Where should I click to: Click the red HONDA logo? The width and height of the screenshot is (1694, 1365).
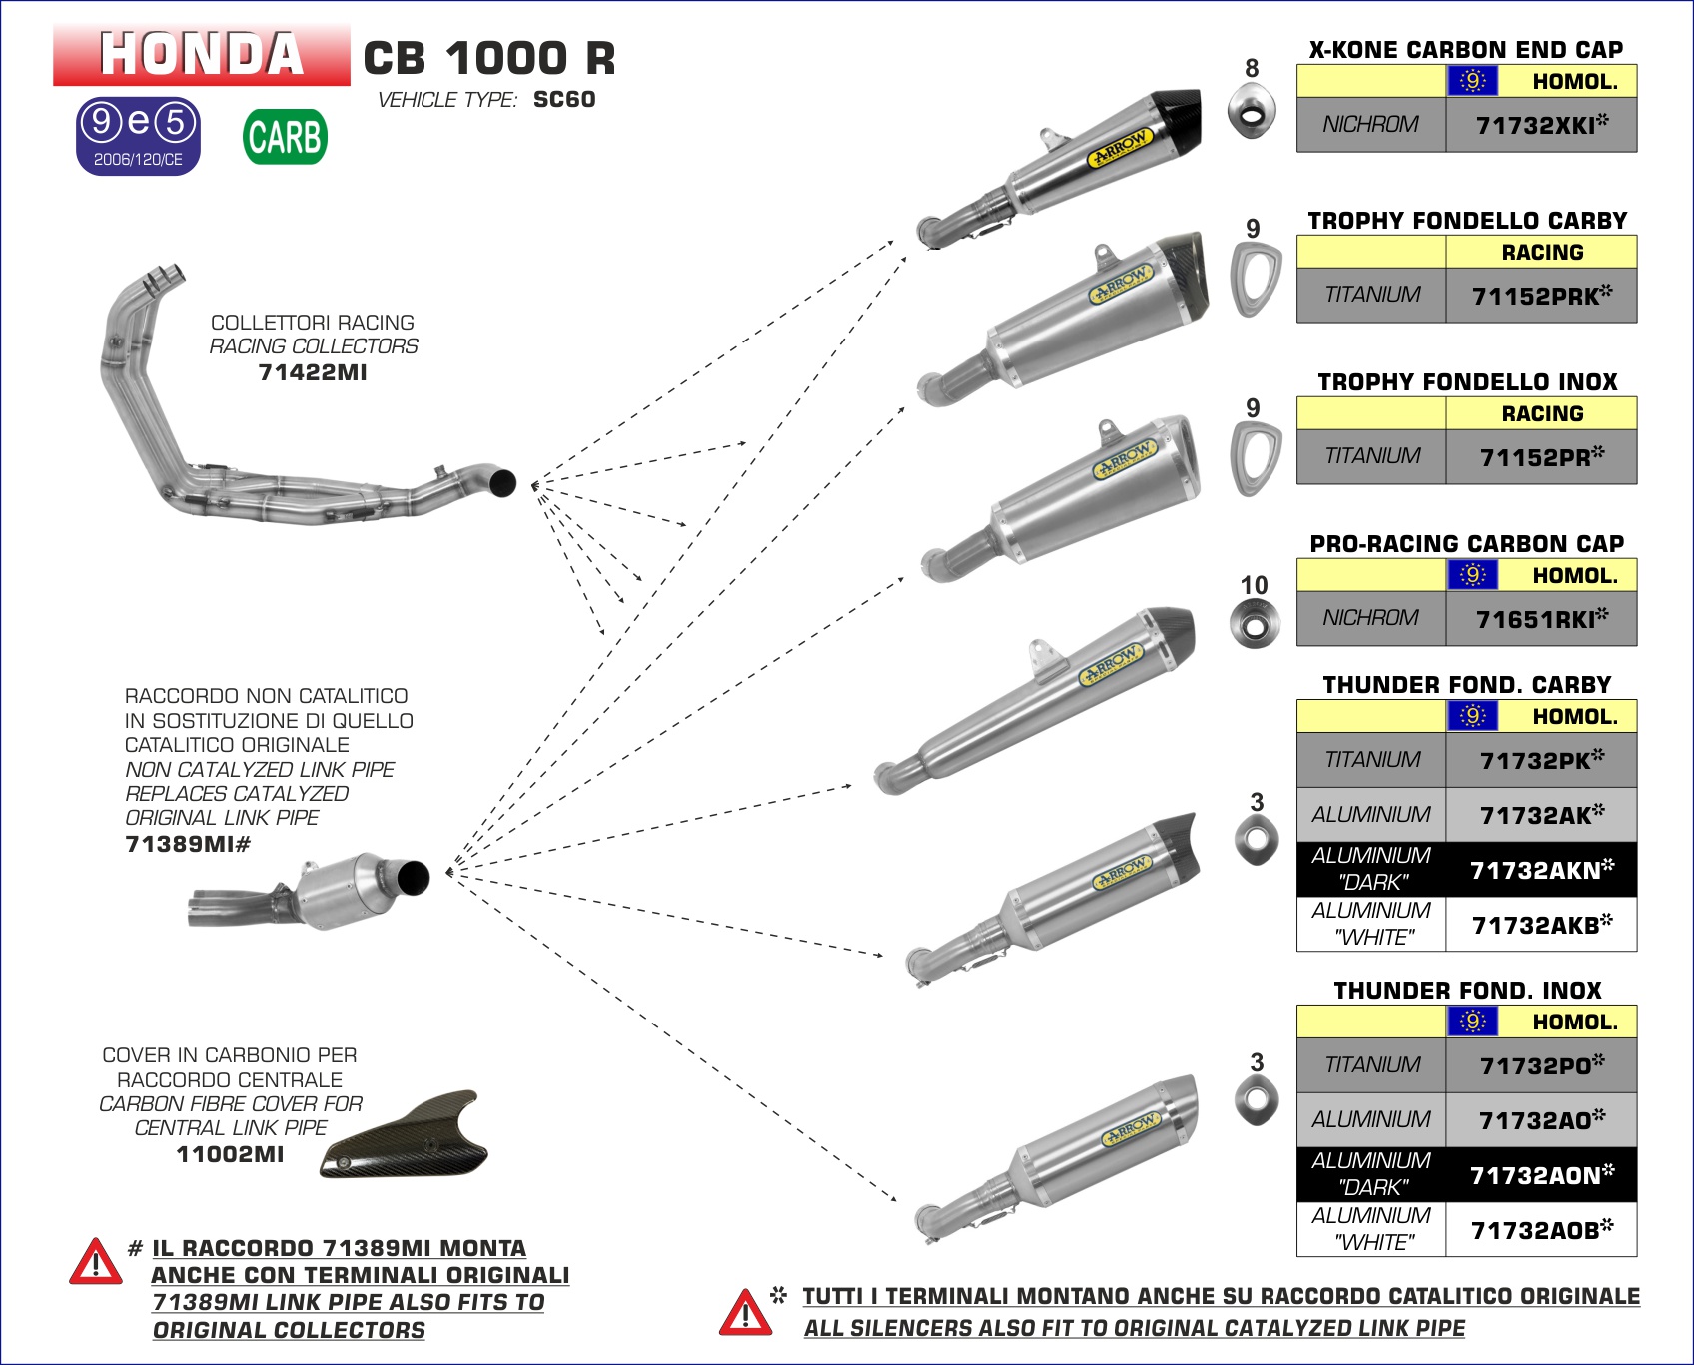tap(202, 54)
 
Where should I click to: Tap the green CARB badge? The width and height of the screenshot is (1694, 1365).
tap(285, 137)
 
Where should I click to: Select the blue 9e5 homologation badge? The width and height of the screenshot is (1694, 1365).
tap(139, 135)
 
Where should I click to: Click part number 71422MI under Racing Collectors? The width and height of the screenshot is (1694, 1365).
tap(313, 372)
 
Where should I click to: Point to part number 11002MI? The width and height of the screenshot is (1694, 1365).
tap(230, 1154)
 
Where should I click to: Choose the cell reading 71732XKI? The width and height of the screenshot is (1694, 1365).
tap(1541, 125)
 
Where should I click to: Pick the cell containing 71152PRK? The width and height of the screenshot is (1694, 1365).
tap(1541, 296)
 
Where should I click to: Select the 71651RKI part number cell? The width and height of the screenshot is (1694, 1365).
tap(1541, 619)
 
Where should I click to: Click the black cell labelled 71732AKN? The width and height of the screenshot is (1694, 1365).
tap(1541, 870)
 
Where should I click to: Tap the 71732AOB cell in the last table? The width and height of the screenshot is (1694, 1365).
tap(1541, 1230)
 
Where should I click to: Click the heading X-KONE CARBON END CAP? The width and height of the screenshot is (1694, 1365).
tap(1465, 49)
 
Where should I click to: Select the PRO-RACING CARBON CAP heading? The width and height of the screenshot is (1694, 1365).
tap(1466, 544)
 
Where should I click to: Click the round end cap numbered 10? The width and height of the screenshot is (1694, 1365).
tap(1255, 624)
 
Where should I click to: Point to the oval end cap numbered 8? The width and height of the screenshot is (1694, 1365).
tap(1252, 112)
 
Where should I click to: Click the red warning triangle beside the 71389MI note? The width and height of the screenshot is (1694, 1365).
tap(96, 1262)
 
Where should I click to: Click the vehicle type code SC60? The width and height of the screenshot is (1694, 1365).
tap(564, 100)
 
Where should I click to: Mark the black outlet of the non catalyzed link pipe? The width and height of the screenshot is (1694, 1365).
tap(413, 877)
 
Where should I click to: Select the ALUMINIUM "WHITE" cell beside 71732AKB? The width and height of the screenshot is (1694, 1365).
tap(1371, 924)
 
